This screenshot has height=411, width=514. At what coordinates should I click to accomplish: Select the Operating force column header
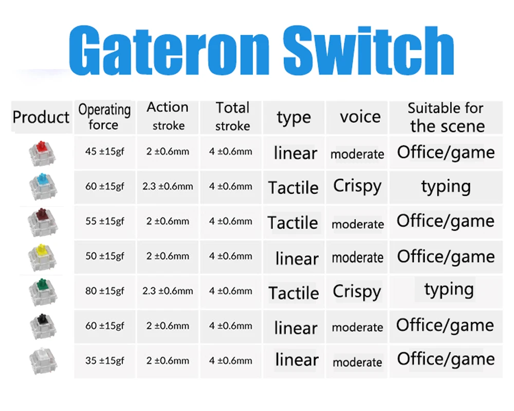(x=104, y=117)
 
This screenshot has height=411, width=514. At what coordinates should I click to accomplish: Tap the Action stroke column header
(x=168, y=116)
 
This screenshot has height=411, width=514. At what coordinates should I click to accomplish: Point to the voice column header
(x=360, y=117)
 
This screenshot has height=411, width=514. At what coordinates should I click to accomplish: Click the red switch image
(x=42, y=154)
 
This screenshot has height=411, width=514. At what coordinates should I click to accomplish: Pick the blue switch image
(x=43, y=187)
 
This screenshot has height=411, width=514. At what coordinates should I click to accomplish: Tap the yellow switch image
(x=42, y=257)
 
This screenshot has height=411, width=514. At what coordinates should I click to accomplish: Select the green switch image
(x=43, y=292)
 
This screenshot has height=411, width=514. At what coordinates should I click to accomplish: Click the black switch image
(x=43, y=327)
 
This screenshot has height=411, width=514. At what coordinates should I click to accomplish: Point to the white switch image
(x=43, y=361)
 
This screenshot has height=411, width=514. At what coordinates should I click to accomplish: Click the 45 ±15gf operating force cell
(x=105, y=152)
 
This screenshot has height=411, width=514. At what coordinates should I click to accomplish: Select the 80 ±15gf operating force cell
(x=105, y=291)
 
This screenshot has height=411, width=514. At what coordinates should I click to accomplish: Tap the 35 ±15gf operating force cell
(x=105, y=361)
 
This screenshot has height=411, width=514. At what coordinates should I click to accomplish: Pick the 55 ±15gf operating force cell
(x=105, y=221)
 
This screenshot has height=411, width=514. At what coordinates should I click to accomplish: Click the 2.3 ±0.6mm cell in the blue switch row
(x=168, y=186)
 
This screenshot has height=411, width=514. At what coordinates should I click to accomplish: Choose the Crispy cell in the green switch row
(x=357, y=291)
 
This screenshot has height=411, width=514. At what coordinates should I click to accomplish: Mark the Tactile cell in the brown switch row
(x=293, y=222)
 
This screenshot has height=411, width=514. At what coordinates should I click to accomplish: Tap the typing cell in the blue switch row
(x=446, y=187)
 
